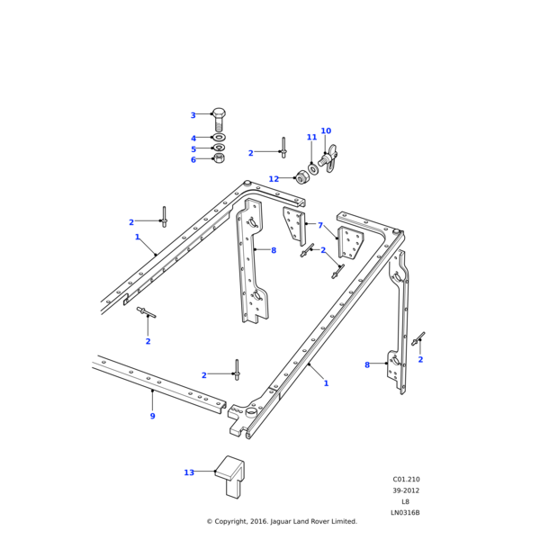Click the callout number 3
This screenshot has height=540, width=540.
coord(193,115)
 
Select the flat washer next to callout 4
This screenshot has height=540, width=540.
coord(219,138)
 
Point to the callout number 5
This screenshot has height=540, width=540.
coord(193,149)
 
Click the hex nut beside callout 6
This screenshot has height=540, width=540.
coord(219,158)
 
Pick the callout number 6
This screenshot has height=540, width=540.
coord(193,160)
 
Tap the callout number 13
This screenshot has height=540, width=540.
coord(189,472)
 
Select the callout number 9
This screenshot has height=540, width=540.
coord(152,416)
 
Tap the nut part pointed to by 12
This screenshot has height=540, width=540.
coord(302,177)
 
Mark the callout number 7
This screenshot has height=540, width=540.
coord(319,226)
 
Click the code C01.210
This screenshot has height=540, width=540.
coord(406,480)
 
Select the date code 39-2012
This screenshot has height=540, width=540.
coord(406,490)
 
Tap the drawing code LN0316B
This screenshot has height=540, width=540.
coord(405,513)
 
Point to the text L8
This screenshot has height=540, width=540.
coord(405,502)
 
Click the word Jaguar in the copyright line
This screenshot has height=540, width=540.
coord(286,521)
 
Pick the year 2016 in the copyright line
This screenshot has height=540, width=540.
coord(261,521)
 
